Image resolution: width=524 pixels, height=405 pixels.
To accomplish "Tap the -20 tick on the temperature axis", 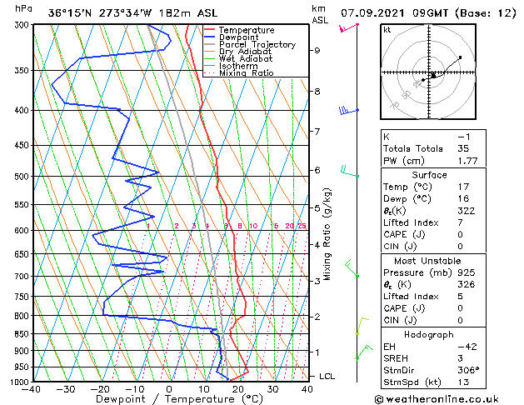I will point(100,388).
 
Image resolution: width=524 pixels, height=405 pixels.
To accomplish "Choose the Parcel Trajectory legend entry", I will point(257,45).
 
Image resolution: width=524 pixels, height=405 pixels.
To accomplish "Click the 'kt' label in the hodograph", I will point(387,30).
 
